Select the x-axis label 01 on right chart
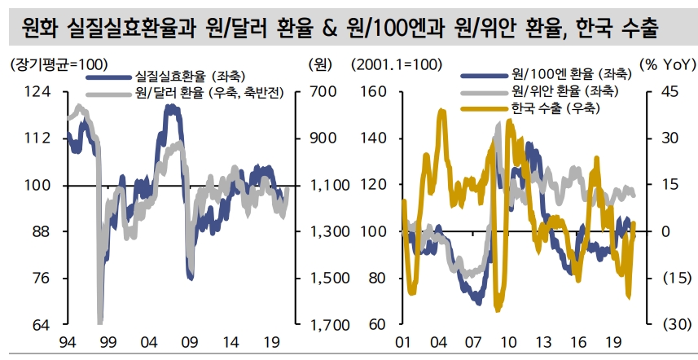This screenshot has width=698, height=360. click(402, 342)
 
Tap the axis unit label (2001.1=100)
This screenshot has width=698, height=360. click(397, 64)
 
